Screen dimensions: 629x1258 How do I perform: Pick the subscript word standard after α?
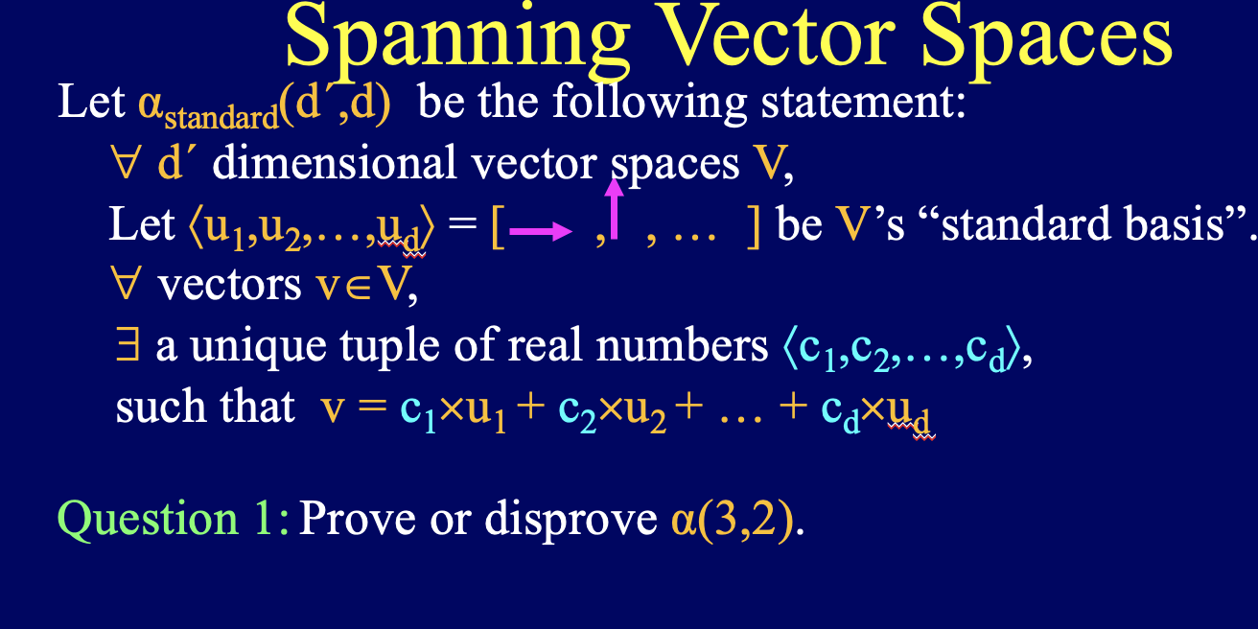[223, 119]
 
